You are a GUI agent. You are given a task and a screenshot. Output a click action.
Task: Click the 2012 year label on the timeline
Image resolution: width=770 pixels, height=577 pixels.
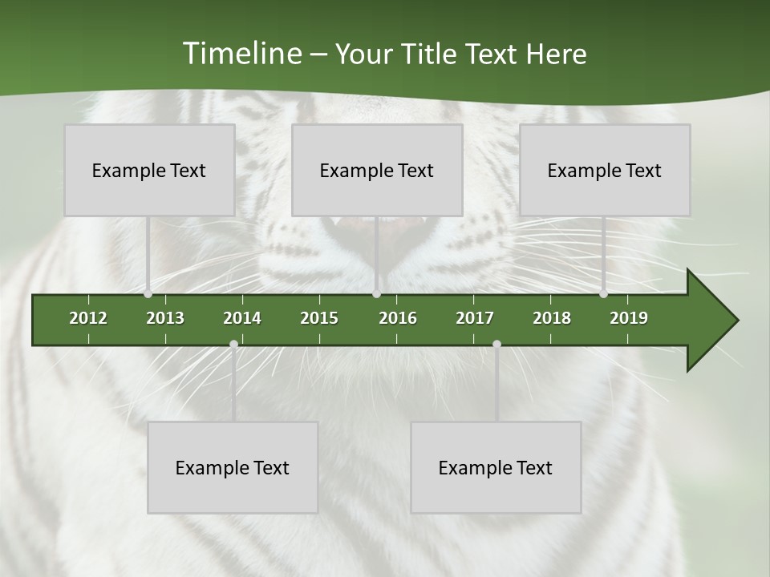(x=88, y=318)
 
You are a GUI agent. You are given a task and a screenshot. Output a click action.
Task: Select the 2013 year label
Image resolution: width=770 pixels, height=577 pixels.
(x=165, y=318)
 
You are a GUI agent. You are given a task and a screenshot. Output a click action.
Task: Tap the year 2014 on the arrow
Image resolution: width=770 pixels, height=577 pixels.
(x=242, y=318)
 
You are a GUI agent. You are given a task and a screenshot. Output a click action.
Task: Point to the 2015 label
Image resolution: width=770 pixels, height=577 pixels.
(x=319, y=318)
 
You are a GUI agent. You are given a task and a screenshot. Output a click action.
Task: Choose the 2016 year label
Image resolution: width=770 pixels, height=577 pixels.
(x=398, y=318)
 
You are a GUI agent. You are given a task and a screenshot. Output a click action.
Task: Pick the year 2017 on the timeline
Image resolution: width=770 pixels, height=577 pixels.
(x=475, y=318)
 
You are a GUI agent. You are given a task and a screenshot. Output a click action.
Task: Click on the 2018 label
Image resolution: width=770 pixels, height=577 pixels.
(x=552, y=318)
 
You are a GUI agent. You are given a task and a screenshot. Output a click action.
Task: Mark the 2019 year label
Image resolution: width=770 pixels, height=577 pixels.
(x=629, y=318)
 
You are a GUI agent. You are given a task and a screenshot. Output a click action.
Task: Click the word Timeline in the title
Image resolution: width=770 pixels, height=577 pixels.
(x=241, y=54)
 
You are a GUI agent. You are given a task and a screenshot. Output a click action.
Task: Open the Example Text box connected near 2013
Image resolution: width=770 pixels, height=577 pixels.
(x=149, y=170)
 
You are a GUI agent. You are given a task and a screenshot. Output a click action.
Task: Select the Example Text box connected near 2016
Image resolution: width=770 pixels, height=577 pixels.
(x=377, y=170)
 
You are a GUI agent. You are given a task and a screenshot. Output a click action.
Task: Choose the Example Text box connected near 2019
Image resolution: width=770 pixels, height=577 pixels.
(x=605, y=170)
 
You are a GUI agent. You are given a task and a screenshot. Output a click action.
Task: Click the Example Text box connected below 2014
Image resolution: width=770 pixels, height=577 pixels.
(x=233, y=467)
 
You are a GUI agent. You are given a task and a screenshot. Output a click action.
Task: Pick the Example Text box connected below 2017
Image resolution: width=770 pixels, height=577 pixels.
(x=496, y=467)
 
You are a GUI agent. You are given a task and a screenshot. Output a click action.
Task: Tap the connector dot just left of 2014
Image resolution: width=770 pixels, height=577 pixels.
(x=233, y=345)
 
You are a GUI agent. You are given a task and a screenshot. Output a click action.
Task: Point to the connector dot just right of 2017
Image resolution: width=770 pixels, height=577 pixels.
(x=496, y=345)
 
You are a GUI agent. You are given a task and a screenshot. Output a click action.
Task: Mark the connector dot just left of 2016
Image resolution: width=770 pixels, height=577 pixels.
(x=377, y=294)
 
